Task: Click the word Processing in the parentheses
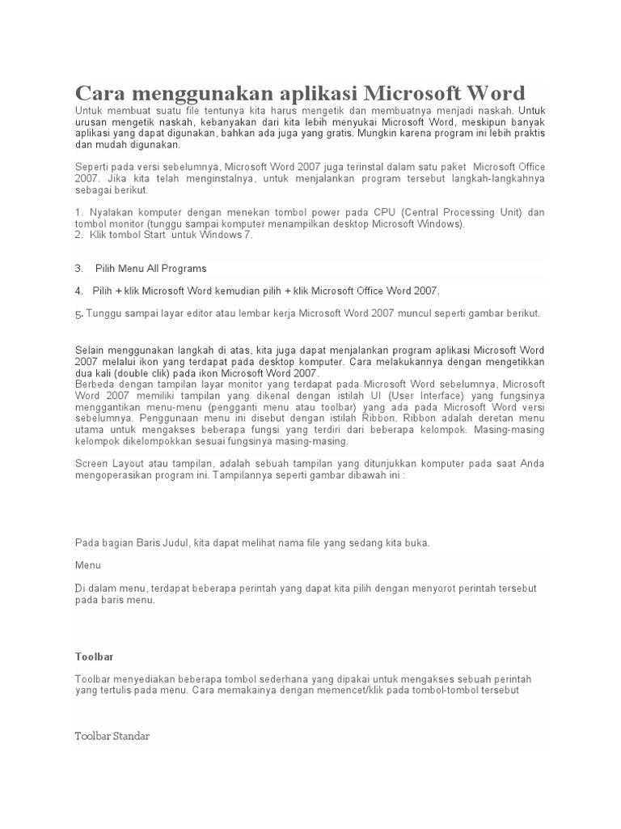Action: click(467, 212)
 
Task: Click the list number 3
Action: click(78, 268)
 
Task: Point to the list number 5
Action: click(78, 314)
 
